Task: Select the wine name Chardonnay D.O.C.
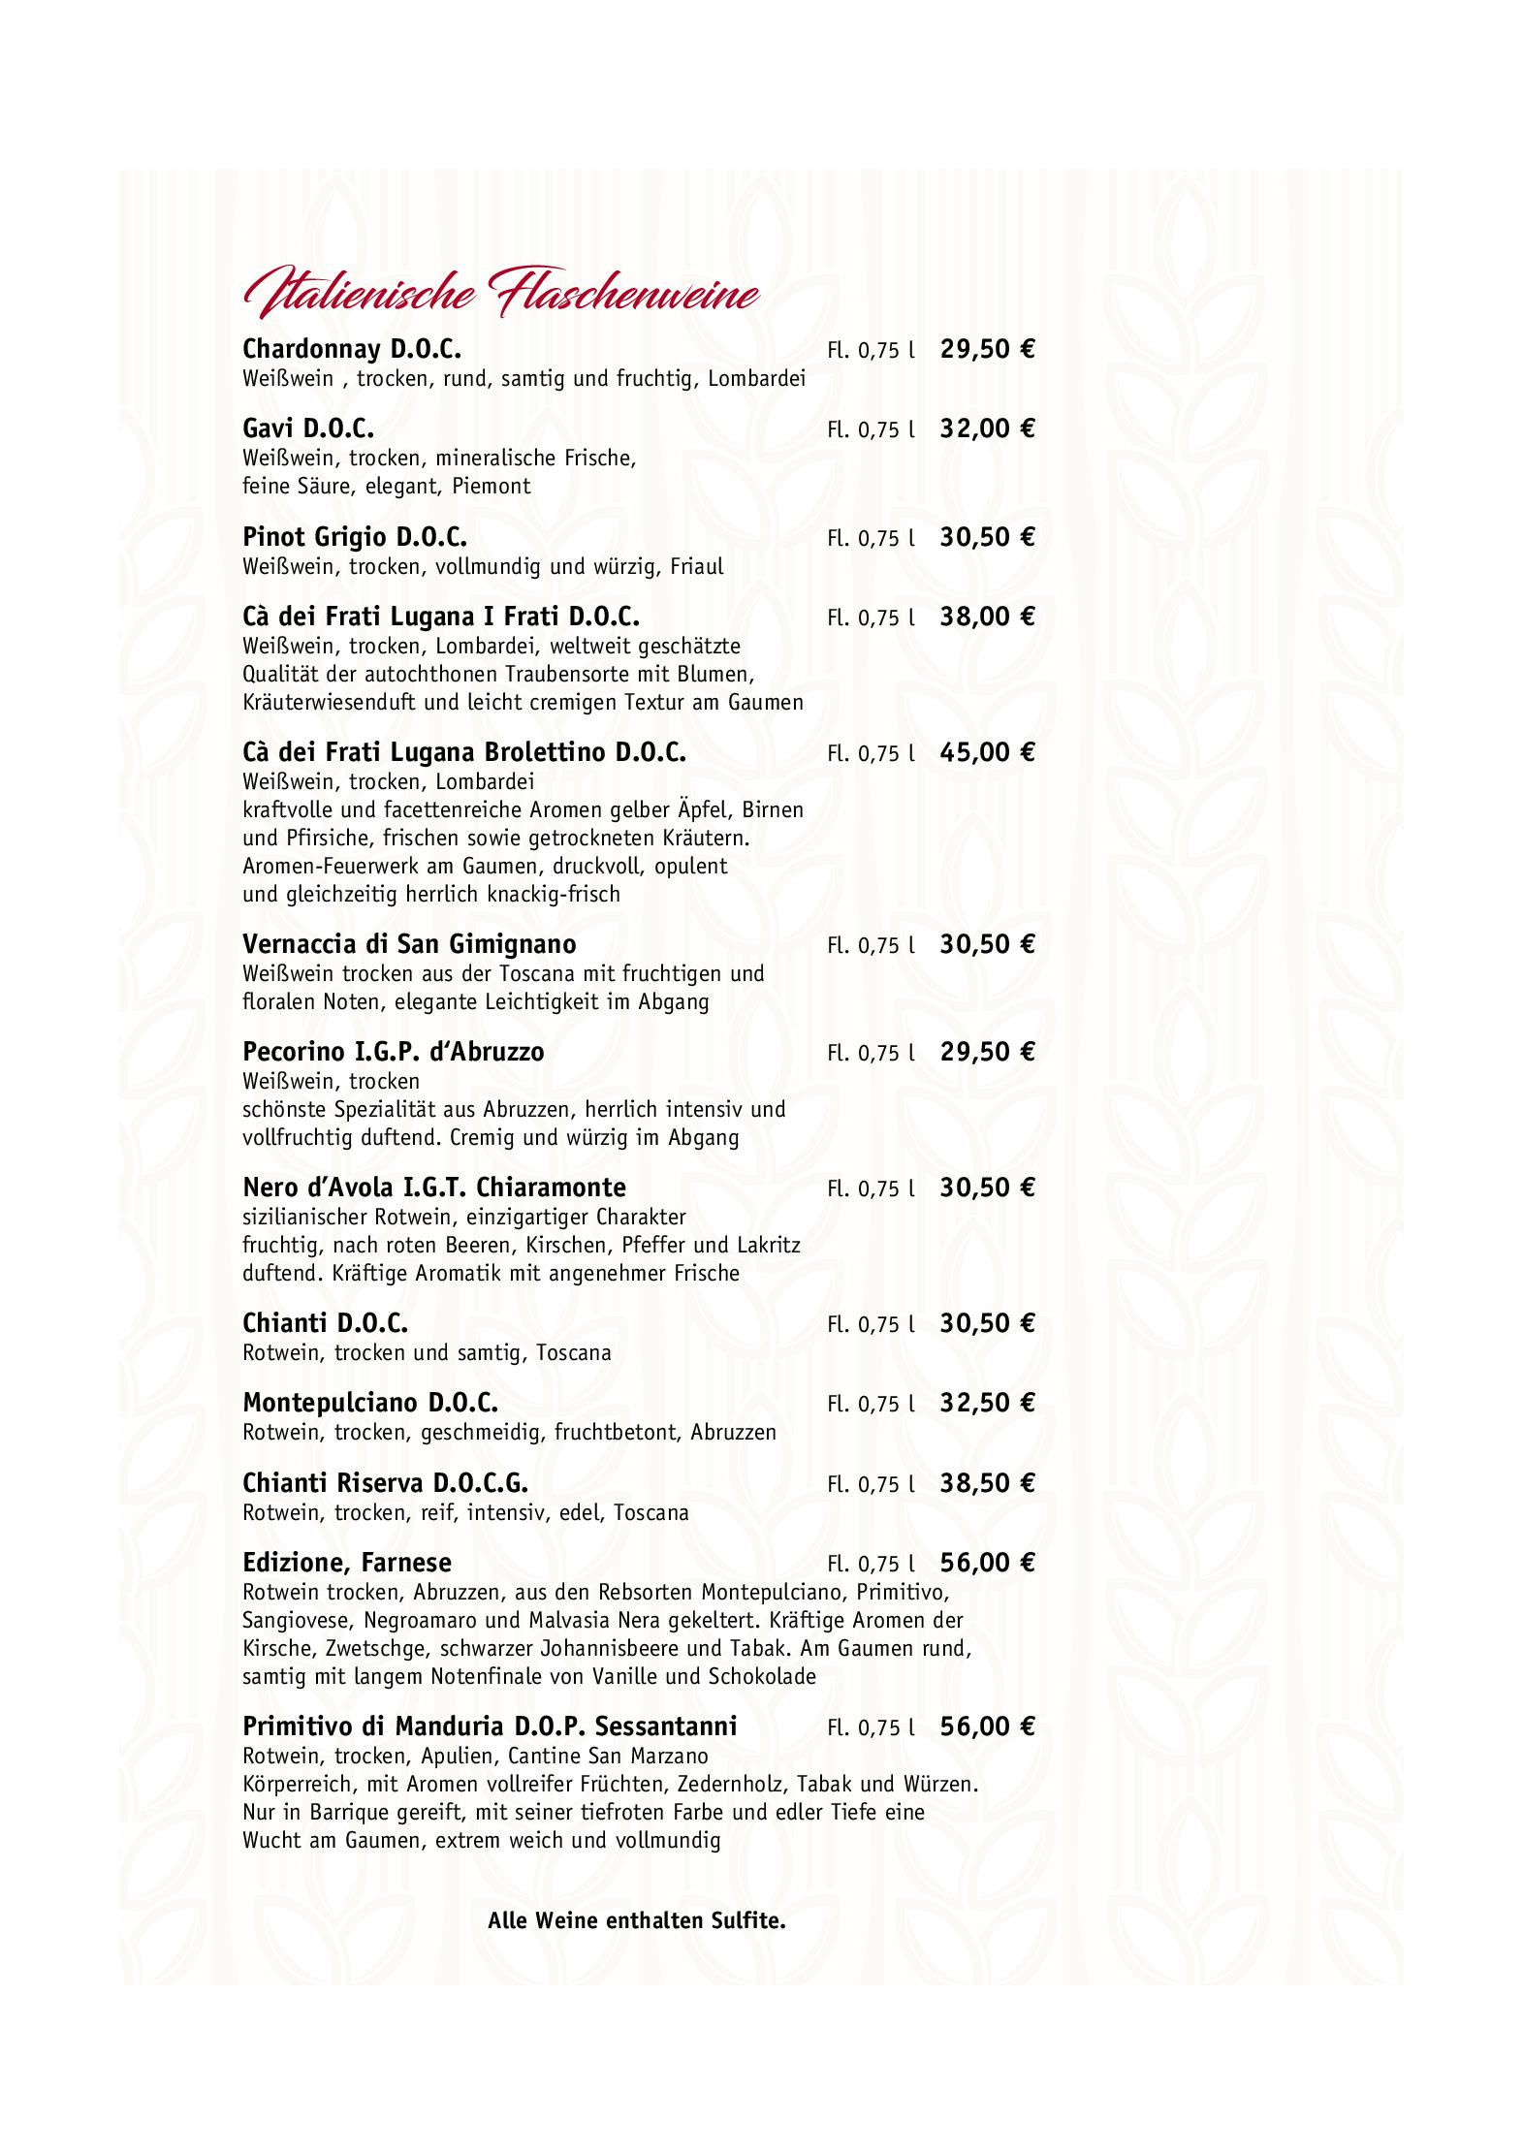pos(352,349)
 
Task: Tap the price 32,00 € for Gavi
pos(987,428)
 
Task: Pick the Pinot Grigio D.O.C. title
pos(355,537)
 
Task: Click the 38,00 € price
pos(987,617)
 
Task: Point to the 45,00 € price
pos(987,752)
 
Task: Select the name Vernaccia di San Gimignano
pos(409,944)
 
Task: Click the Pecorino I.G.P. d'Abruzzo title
pos(394,1052)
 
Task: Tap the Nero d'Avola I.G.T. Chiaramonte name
pos(434,1188)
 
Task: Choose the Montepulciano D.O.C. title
pos(370,1403)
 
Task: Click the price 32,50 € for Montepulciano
pos(987,1403)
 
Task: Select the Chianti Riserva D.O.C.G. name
pos(386,1483)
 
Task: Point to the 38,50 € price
pos(987,1483)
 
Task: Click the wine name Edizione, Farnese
pos(347,1563)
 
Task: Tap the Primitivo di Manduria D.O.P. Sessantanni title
pos(490,1726)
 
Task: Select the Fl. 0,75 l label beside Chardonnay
pos(871,351)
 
